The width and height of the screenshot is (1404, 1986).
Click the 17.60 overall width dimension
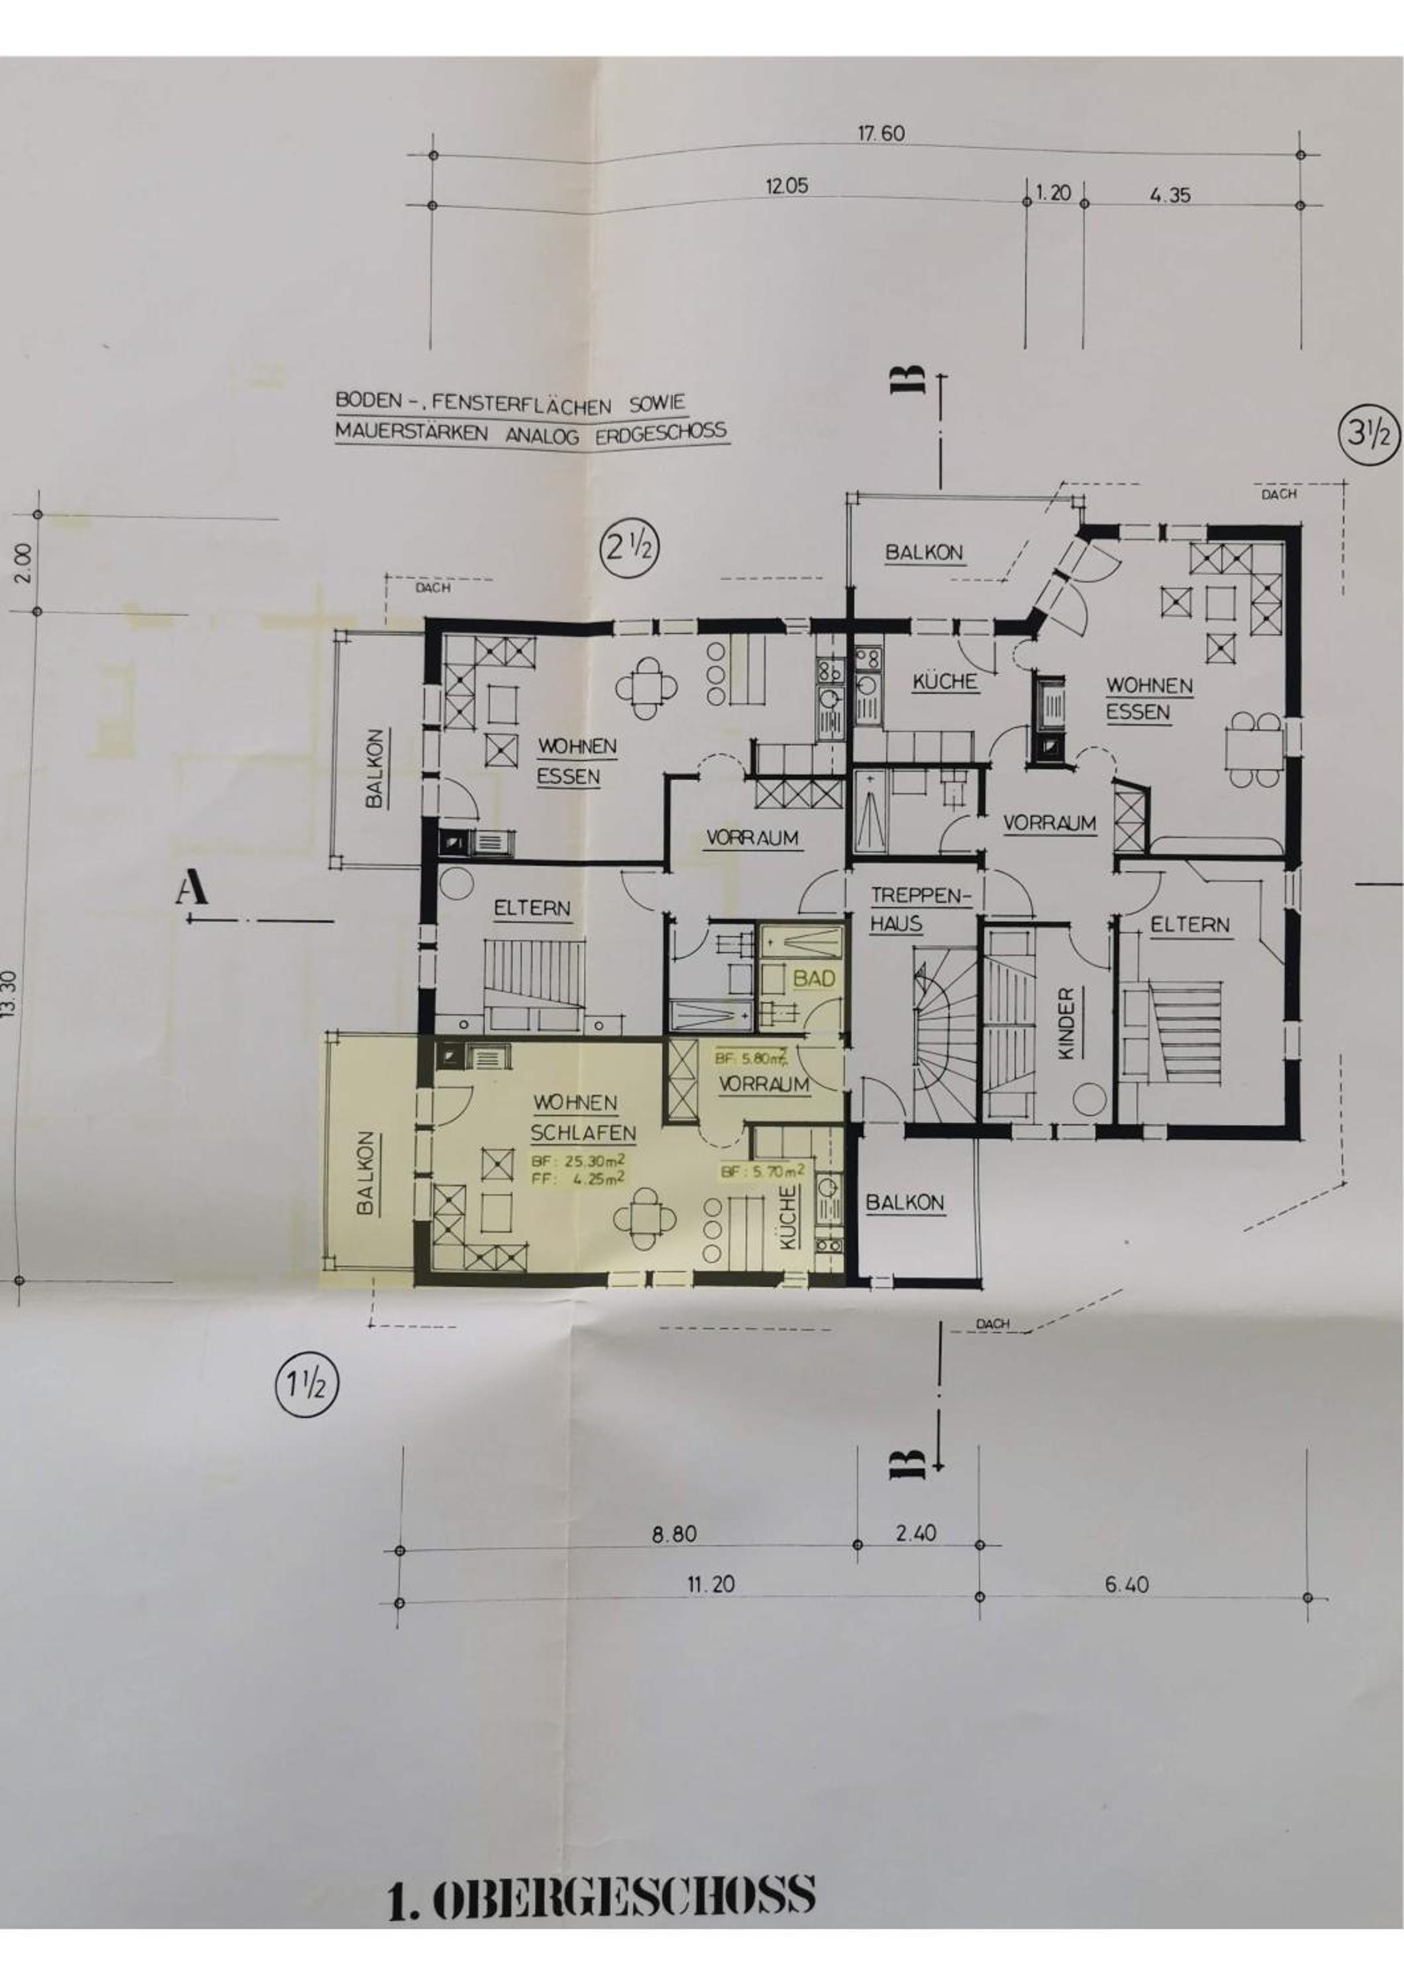tap(881, 134)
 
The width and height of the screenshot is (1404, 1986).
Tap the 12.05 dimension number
tap(787, 186)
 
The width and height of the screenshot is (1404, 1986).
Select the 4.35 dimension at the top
tap(1170, 195)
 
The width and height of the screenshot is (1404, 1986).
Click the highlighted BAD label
tap(815, 978)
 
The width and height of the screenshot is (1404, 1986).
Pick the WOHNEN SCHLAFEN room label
tap(584, 1117)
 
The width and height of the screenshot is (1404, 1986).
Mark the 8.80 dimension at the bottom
tap(674, 1535)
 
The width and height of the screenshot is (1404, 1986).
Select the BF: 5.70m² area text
tap(763, 1172)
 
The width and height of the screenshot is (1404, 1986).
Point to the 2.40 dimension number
tap(916, 1534)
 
